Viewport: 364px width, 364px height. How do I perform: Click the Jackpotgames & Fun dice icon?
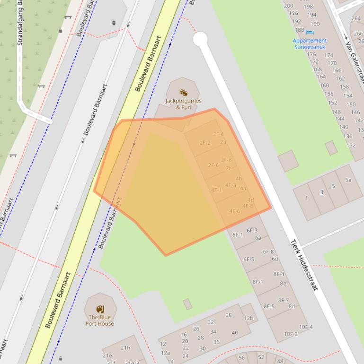183,93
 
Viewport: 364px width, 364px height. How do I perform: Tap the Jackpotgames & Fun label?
183,104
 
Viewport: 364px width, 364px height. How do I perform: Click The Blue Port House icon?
100,309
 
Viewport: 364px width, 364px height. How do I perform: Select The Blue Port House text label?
100,321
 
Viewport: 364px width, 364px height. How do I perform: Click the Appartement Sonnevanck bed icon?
310,32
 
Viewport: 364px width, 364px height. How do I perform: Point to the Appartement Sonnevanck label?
310,43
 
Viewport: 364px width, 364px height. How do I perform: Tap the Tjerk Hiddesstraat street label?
304,265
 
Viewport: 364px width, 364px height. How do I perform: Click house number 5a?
348,180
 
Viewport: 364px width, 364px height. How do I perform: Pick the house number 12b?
249,318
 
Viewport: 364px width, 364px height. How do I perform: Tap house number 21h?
125,348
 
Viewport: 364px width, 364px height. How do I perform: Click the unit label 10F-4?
306,327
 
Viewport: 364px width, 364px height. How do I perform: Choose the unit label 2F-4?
218,134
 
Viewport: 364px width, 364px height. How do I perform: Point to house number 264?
356,18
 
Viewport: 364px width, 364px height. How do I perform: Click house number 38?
229,315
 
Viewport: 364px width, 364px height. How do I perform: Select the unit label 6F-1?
238,234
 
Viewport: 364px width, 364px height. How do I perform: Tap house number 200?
288,6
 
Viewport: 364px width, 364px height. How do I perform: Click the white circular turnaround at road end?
200,39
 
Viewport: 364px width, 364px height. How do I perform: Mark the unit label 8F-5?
269,306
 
